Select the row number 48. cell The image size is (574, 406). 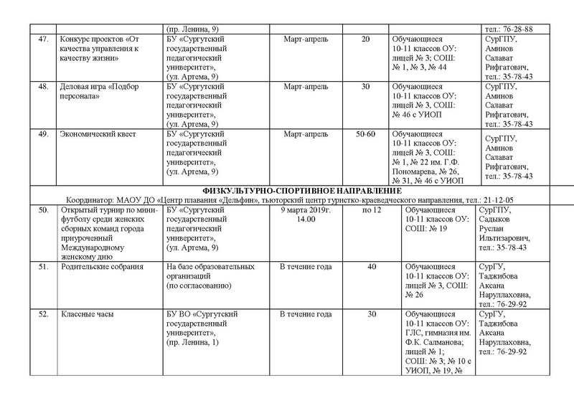[43, 87]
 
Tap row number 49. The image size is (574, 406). [43, 134]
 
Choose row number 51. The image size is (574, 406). [43, 267]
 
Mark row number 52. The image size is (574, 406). [43, 314]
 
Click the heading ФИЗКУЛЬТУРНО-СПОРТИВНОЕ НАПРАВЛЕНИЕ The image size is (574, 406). [287, 189]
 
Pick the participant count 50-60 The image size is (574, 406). [365, 134]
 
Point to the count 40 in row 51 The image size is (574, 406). [371, 267]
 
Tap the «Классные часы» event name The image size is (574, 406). [85, 314]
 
